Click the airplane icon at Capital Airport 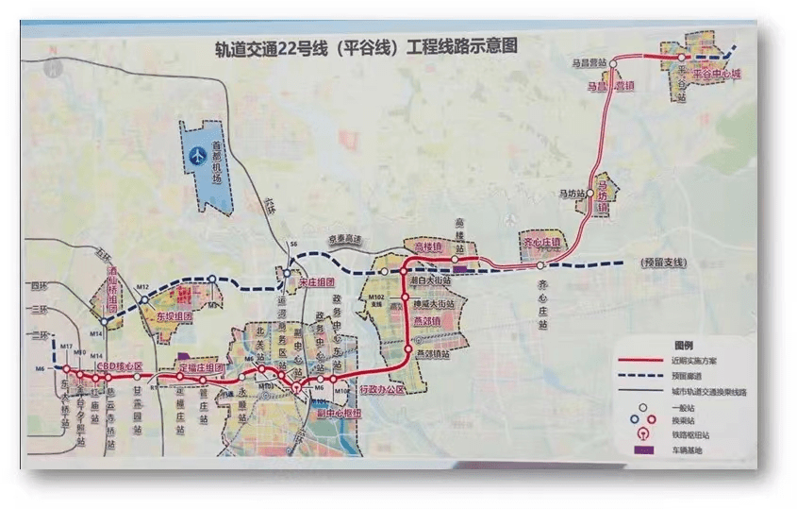[x=199, y=153]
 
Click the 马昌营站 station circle [x=612, y=64]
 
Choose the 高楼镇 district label [x=428, y=247]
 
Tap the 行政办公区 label [x=382, y=390]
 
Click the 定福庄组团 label [x=201, y=366]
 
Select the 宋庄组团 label [x=313, y=281]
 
